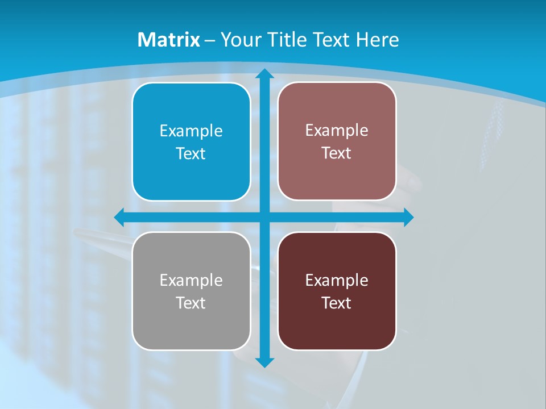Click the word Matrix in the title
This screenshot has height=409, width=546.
168,40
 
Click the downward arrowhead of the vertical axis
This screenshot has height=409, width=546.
264,362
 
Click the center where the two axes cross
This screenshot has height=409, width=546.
264,218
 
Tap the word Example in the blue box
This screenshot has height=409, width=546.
191,131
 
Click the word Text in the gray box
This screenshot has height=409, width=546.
191,303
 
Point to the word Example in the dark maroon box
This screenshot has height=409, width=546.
337,280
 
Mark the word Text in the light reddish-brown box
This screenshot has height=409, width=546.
337,153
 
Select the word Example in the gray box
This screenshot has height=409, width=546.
191,280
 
